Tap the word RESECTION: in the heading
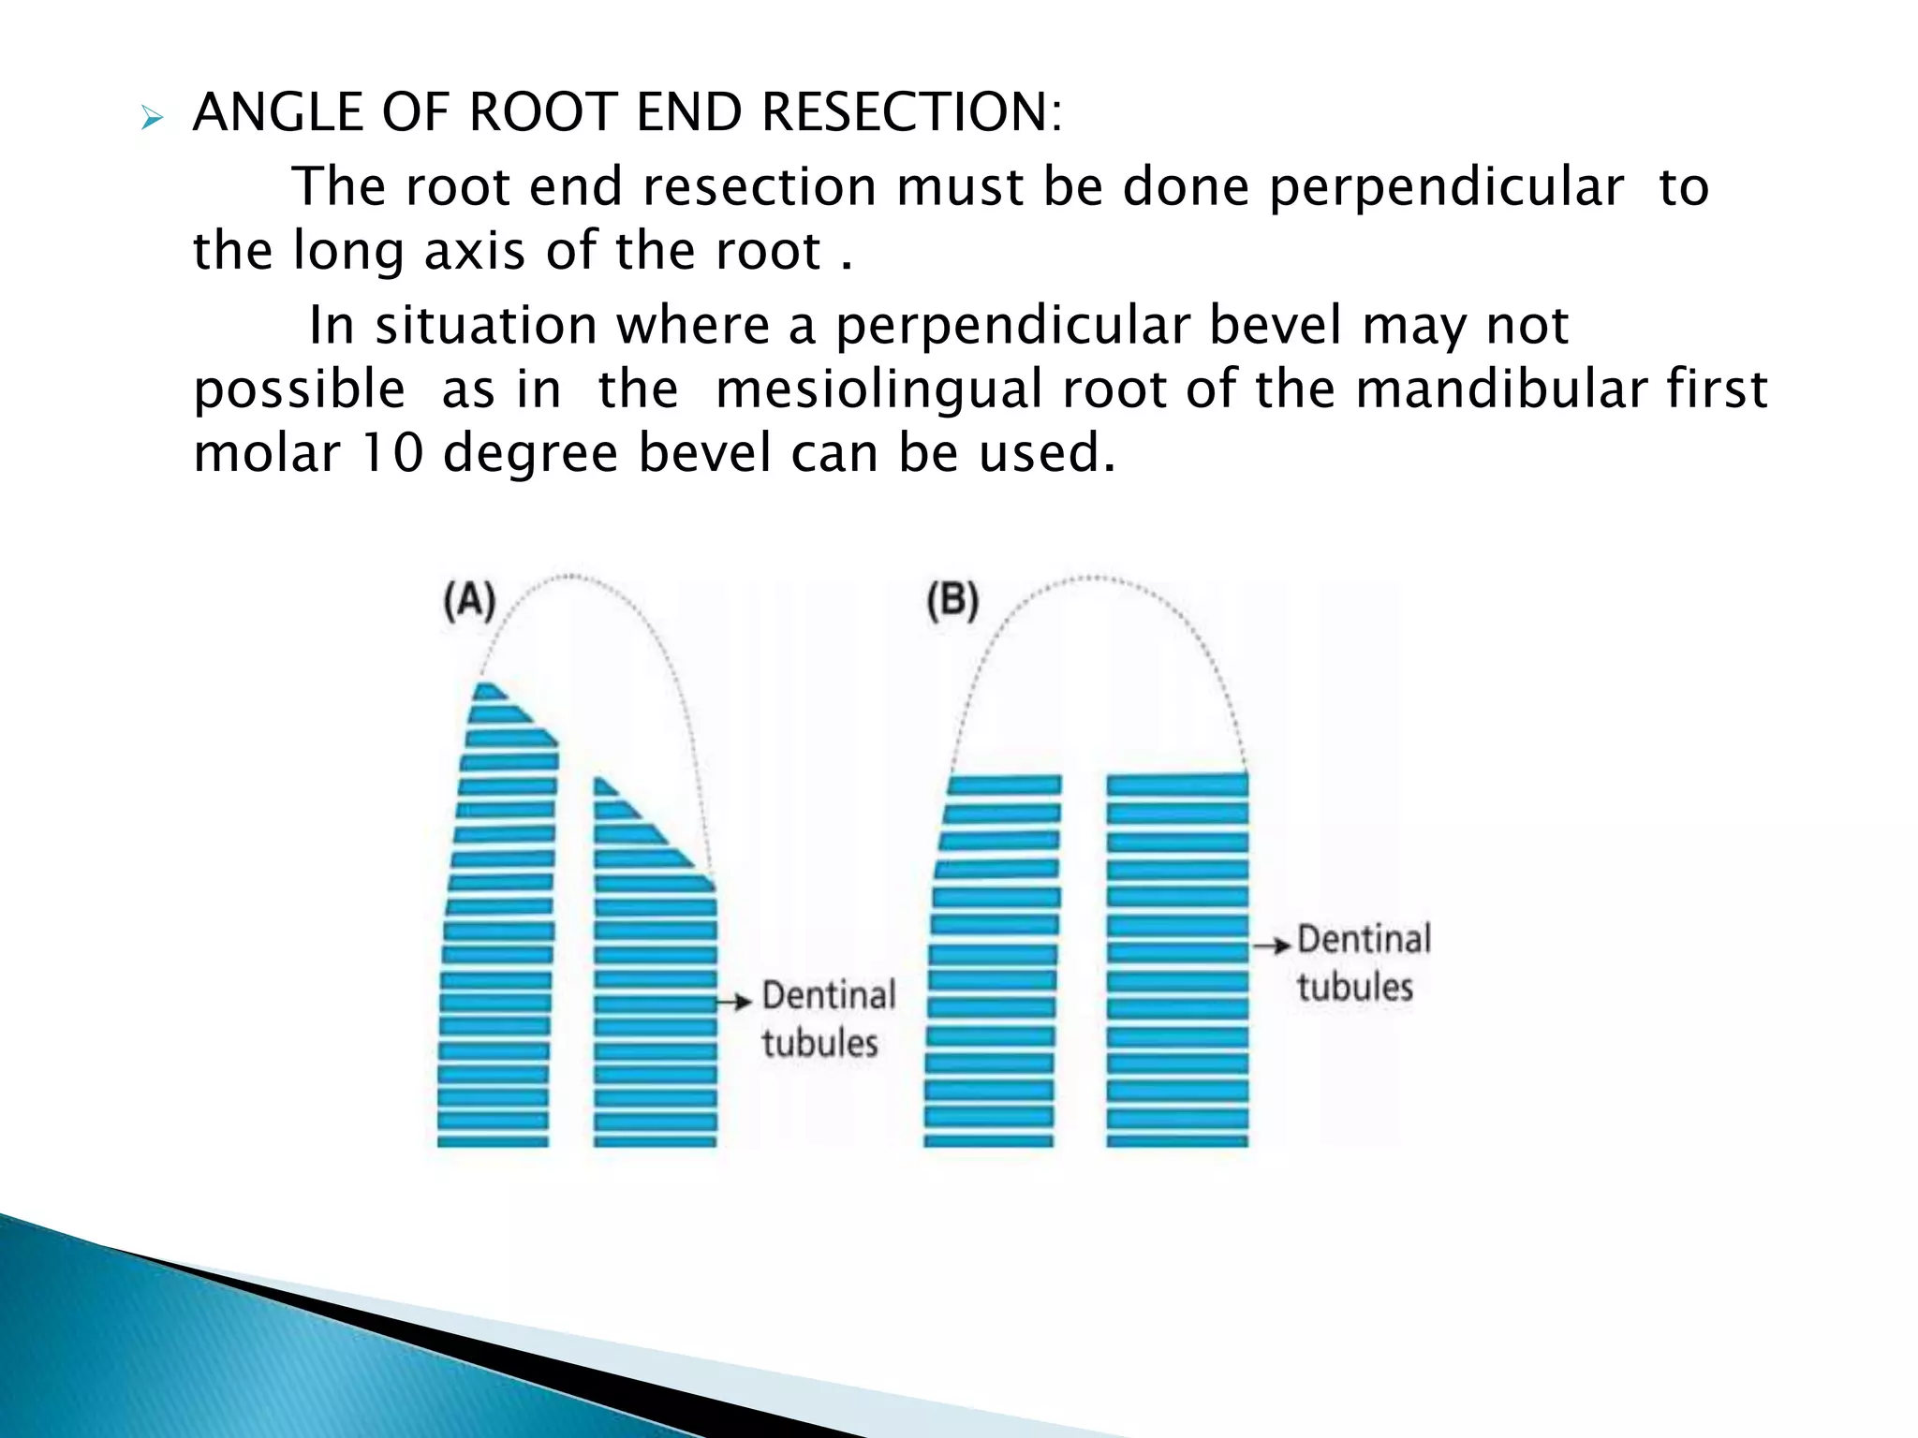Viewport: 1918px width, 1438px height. pos(912,113)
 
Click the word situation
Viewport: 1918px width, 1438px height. pos(485,326)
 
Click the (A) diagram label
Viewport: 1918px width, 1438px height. pos(468,601)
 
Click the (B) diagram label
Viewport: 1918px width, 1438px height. pos(952,601)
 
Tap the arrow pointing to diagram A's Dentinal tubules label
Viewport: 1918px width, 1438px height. pos(734,1002)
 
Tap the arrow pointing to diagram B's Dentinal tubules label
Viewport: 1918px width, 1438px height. pos(1272,946)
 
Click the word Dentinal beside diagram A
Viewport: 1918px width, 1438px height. pos(829,995)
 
